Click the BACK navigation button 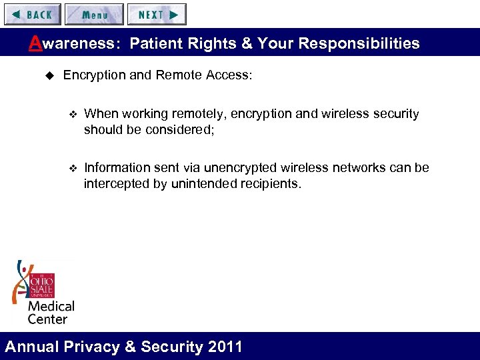click(32, 14)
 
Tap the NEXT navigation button click(157, 14)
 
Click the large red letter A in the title click(35, 43)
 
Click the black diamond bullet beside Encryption click(47, 75)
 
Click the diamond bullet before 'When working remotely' click(73, 115)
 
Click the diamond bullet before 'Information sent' click(73, 168)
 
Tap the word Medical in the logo click(51, 307)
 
